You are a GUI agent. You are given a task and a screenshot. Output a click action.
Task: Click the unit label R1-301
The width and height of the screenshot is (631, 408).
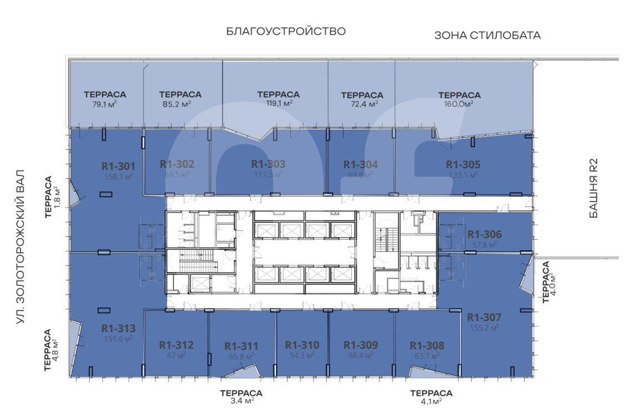click(x=119, y=167)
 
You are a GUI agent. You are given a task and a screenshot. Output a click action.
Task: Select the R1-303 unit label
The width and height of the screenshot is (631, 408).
click(x=269, y=164)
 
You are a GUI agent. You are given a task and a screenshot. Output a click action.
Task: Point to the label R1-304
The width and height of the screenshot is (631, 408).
click(x=361, y=165)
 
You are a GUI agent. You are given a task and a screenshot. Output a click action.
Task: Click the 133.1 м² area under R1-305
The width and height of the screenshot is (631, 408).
click(x=463, y=175)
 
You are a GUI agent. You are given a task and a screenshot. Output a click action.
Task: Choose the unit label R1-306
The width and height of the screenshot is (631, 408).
click(x=485, y=234)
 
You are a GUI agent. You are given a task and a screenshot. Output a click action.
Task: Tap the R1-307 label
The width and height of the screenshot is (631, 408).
click(x=484, y=318)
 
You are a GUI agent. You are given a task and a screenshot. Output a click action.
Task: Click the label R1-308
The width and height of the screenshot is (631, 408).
click(x=427, y=345)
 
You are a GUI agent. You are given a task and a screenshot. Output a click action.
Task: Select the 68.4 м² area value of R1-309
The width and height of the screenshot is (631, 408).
click(x=361, y=356)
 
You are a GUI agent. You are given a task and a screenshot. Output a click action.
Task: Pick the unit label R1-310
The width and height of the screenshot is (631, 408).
click(x=302, y=345)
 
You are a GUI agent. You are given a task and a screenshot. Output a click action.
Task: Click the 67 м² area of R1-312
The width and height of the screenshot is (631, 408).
click(x=176, y=356)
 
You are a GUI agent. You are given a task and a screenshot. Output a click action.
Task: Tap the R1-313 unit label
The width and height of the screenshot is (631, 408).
click(x=119, y=329)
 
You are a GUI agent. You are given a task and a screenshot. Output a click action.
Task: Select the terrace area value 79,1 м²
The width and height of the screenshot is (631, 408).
click(x=105, y=105)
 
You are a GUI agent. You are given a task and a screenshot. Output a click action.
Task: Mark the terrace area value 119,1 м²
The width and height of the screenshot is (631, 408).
click(x=279, y=104)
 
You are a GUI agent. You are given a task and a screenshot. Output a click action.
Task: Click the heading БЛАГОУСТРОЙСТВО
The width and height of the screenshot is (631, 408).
click(x=286, y=32)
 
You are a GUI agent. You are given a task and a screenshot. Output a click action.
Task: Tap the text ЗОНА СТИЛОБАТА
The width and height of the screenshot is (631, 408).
click(x=488, y=35)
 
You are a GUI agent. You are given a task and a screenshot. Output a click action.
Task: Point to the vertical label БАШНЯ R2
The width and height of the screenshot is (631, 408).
click(x=593, y=188)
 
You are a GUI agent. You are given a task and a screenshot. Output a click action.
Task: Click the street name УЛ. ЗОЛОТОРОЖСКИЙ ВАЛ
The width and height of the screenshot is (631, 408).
click(x=20, y=246)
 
